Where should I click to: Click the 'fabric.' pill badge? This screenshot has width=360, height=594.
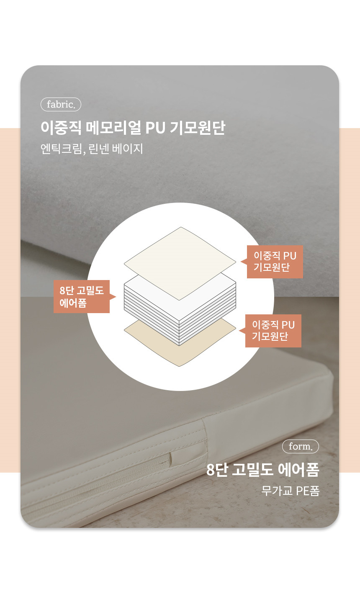[x=61, y=105]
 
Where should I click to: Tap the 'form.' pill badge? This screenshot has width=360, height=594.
[x=301, y=447]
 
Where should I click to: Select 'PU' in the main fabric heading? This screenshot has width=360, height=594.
[x=155, y=128]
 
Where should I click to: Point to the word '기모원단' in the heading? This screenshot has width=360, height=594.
[x=197, y=128]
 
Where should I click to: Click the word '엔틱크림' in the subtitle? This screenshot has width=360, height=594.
[x=62, y=149]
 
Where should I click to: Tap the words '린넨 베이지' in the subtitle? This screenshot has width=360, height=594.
[x=116, y=149]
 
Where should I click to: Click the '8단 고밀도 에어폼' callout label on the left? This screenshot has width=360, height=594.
[x=82, y=296]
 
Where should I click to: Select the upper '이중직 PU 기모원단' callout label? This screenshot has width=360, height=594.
[x=275, y=262]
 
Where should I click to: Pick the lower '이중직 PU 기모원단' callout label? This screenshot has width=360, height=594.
[x=273, y=331]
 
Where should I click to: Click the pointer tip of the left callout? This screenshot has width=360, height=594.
[x=116, y=296]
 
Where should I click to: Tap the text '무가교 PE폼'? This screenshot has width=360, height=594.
[x=291, y=491]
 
